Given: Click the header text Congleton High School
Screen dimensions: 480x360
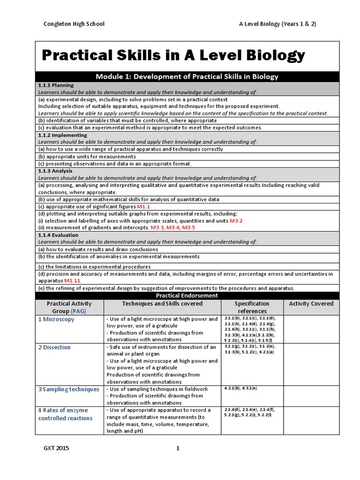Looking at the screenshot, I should [x=74, y=24].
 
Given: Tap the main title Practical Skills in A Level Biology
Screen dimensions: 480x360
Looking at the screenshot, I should [x=173, y=56].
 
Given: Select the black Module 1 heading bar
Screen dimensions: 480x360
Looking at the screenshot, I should [x=187, y=76].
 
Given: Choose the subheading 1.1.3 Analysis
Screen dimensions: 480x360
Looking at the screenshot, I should [x=55, y=171].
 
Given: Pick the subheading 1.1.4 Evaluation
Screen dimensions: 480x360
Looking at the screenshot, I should [x=58, y=235].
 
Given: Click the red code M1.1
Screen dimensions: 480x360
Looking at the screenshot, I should [x=143, y=207].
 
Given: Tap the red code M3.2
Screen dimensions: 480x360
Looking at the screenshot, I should [x=236, y=221].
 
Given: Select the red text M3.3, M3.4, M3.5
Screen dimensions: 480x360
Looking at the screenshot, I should [x=172, y=228].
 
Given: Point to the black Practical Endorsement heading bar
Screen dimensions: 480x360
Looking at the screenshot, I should [x=187, y=295].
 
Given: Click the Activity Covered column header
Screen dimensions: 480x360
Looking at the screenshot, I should [x=311, y=304].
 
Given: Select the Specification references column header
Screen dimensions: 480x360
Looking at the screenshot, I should [x=252, y=307].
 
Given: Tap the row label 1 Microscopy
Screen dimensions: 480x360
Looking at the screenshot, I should [x=56, y=319].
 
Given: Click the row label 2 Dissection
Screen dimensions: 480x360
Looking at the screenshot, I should [x=54, y=347].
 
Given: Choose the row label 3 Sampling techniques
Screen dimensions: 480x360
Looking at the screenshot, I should [x=69, y=389].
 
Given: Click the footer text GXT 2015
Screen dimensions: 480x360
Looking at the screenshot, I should [x=56, y=449].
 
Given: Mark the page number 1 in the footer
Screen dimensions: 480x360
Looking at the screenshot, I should [x=178, y=449].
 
